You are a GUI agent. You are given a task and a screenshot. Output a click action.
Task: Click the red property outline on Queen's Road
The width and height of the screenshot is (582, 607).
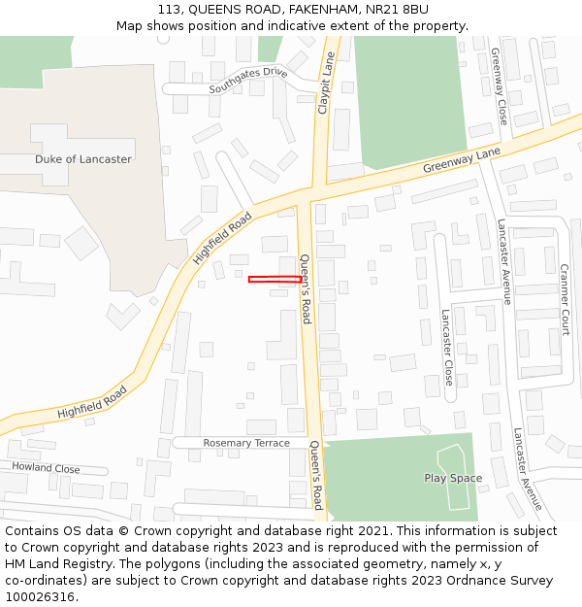pyautogui.click(x=275, y=280)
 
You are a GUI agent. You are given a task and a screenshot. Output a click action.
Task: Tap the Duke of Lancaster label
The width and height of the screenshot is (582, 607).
pyautogui.click(x=83, y=159)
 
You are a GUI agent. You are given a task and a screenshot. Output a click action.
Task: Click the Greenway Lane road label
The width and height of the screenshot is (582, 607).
pyautogui.click(x=461, y=161)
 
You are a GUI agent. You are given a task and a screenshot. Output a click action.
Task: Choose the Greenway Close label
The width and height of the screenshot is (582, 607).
pyautogui.click(x=500, y=86)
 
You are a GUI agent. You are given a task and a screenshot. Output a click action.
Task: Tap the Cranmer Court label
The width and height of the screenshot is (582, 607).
pyautogui.click(x=565, y=299)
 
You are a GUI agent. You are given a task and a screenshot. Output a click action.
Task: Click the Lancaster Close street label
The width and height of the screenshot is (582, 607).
pyautogui.click(x=447, y=347)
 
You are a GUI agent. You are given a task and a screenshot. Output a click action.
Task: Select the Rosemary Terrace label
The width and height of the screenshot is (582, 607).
pyautogui.click(x=246, y=443)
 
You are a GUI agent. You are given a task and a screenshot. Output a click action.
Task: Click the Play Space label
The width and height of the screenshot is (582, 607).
pyautogui.click(x=453, y=478)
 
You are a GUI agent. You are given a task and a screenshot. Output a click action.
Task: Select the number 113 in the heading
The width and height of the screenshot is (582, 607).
pyautogui.click(x=171, y=9)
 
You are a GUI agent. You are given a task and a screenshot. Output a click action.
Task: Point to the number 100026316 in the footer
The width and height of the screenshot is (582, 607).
pyautogui.click(x=40, y=597)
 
